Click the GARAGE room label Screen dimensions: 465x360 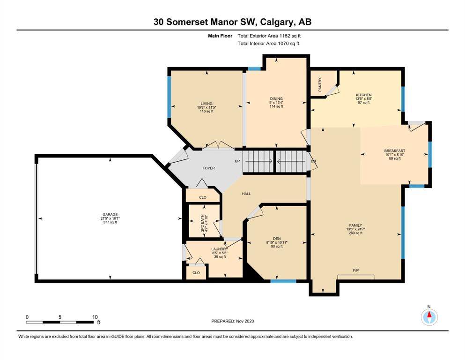(x=110, y=215)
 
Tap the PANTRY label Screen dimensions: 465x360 (x=320, y=84)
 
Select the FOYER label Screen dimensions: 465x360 (x=209, y=168)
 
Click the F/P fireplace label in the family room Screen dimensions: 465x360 (x=356, y=270)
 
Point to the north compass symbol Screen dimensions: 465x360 (x=429, y=317)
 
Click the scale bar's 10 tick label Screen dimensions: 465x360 (x=95, y=317)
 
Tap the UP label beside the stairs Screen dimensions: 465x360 (x=237, y=161)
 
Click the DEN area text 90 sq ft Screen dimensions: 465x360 (x=277, y=247)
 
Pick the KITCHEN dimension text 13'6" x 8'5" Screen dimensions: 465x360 (x=363, y=99)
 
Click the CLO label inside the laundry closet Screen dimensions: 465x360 (x=196, y=273)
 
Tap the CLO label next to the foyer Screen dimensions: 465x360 (x=203, y=197)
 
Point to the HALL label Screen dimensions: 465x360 (x=246, y=194)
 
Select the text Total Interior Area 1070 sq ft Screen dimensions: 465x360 (x=268, y=43)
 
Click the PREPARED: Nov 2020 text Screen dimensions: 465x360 (x=232, y=321)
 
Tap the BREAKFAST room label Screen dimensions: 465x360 (x=395, y=151)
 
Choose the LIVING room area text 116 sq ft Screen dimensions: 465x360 (x=207, y=111)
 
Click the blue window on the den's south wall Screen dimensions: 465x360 (x=283, y=281)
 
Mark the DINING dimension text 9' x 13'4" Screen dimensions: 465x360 (x=276, y=102)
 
